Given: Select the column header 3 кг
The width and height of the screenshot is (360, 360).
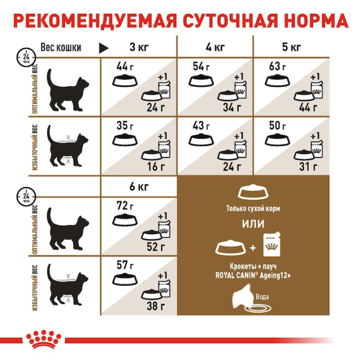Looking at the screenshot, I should point(139,47).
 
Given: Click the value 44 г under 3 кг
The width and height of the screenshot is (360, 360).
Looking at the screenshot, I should point(125,67).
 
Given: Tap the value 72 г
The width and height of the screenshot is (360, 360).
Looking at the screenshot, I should point(125,206).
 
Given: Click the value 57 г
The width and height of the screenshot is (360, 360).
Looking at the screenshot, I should point(125,265).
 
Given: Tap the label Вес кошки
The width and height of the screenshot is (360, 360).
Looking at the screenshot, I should point(60,47).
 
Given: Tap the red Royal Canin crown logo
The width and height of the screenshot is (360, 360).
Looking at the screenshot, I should point(43,338).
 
